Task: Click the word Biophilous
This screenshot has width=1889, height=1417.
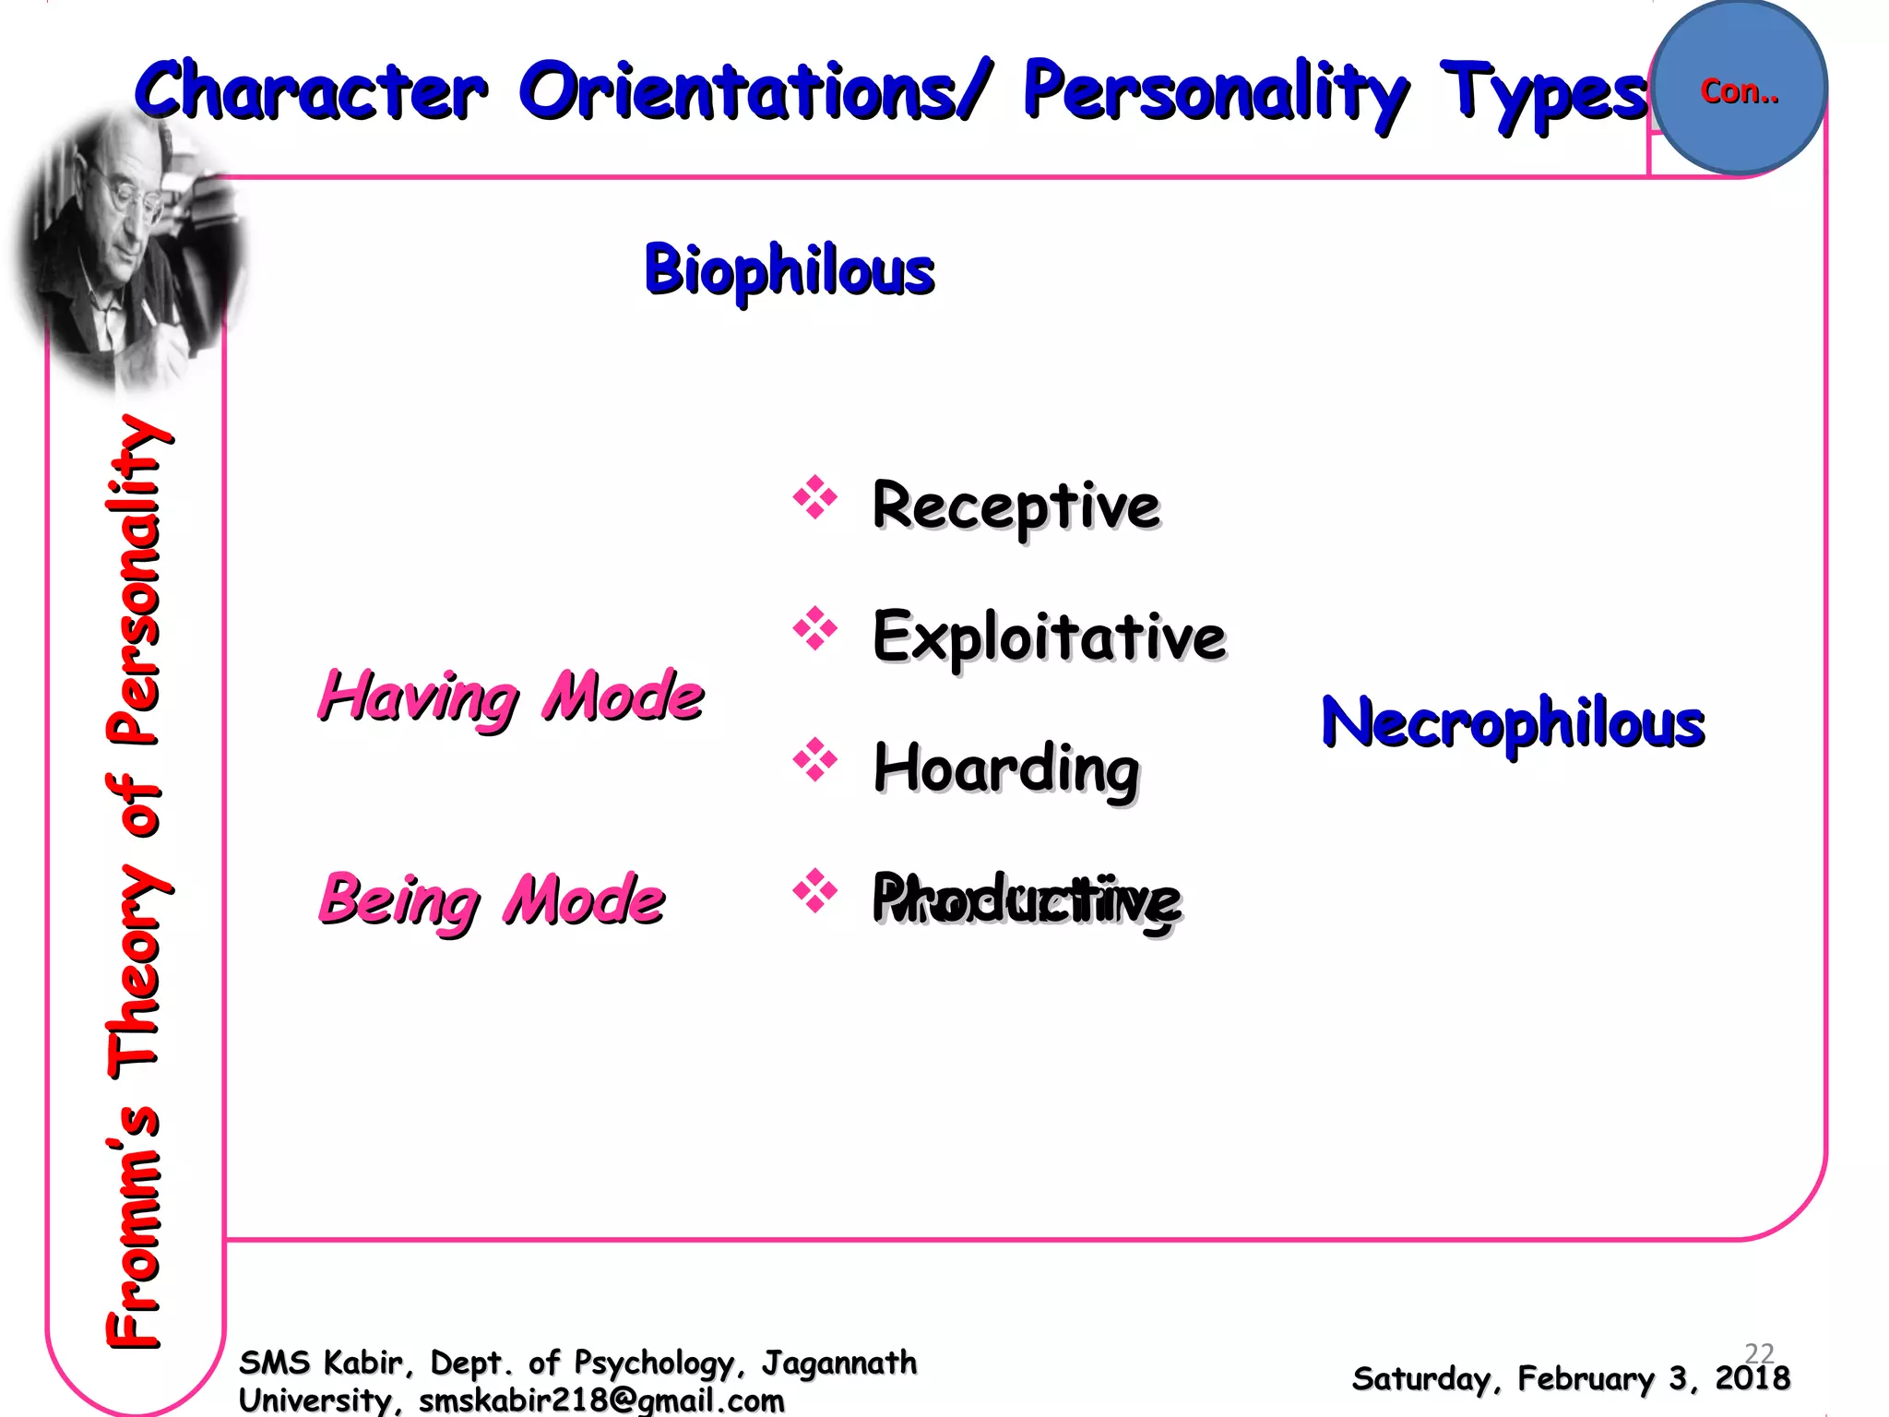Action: pyautogui.click(x=790, y=269)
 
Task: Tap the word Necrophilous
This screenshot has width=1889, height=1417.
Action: pyautogui.click(x=1513, y=721)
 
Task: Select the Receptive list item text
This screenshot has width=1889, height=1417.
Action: pyautogui.click(x=1016, y=506)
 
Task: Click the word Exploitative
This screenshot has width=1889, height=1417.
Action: pyautogui.click(x=1049, y=637)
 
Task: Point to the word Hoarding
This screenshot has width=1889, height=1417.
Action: pyautogui.click(x=1006, y=768)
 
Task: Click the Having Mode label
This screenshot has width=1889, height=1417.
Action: pyautogui.click(x=511, y=697)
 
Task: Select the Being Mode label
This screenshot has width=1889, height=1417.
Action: pyautogui.click(x=491, y=899)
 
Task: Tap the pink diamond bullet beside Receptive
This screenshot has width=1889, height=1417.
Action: pyautogui.click(x=814, y=498)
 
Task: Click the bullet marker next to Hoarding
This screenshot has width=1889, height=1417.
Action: pyautogui.click(x=814, y=760)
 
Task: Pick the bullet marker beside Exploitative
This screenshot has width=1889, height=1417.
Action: pyautogui.click(x=814, y=629)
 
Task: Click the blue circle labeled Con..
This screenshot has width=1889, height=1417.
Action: pyautogui.click(x=1740, y=89)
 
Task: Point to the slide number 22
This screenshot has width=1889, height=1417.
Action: pyautogui.click(x=1759, y=1352)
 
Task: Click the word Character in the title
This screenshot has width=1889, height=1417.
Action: pyautogui.click(x=311, y=90)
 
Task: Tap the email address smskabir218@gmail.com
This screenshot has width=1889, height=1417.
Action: pyautogui.click(x=601, y=1400)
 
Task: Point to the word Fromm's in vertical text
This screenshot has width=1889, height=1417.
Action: pyautogui.click(x=134, y=1227)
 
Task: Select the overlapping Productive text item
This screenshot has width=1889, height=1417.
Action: pyautogui.click(x=1026, y=899)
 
